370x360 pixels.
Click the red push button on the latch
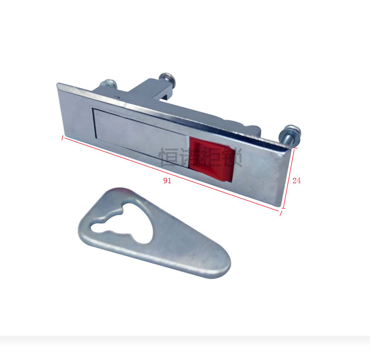click(x=210, y=159)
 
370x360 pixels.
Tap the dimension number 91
click(x=167, y=181)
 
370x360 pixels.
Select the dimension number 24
click(x=296, y=181)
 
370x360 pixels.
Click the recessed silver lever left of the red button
click(x=141, y=134)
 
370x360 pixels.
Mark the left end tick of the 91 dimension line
click(x=62, y=138)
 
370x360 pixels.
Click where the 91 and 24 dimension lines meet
click(x=283, y=212)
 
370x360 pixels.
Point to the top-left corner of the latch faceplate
click(x=58, y=84)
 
